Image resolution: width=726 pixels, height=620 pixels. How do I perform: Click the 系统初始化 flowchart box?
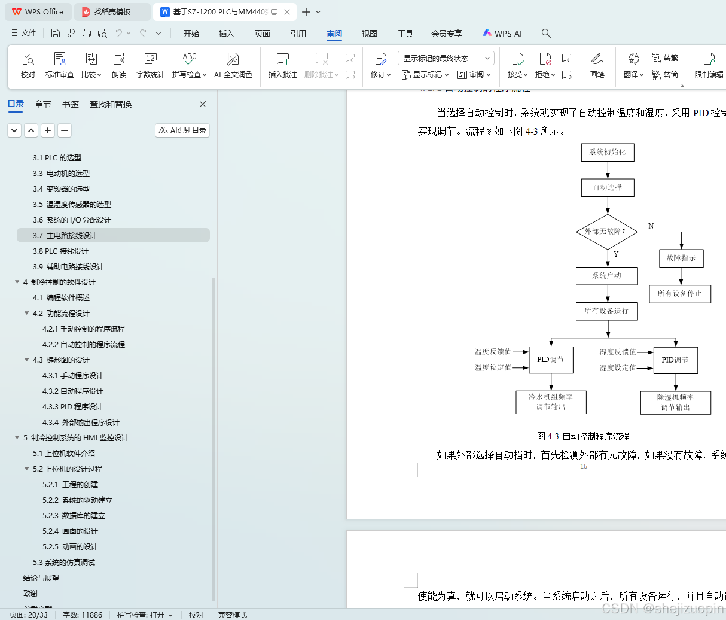(x=607, y=152)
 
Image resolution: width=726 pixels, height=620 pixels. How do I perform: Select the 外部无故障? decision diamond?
(x=606, y=232)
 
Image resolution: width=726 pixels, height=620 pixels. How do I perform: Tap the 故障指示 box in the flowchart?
(x=681, y=258)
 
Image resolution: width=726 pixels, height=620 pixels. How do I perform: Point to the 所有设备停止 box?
(x=680, y=294)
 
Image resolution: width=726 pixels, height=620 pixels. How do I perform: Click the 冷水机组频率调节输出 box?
(x=551, y=402)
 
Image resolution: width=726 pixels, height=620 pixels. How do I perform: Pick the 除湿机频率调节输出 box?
(x=675, y=402)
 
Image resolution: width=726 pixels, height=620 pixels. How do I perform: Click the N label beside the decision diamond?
(x=651, y=226)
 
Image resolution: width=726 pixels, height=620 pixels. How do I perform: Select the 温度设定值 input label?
(x=493, y=367)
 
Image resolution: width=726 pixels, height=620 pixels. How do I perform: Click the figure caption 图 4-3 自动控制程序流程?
(x=583, y=436)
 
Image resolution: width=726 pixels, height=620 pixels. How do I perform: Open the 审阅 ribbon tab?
(x=334, y=34)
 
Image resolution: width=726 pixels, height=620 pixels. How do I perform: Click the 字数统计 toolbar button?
(x=150, y=65)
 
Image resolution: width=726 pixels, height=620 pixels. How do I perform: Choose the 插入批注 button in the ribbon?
(x=283, y=65)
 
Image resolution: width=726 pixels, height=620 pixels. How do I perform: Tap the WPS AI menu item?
(x=502, y=34)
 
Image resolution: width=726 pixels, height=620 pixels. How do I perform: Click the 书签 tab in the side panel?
(x=71, y=104)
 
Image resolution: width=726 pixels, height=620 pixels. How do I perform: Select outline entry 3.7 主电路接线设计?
(x=65, y=235)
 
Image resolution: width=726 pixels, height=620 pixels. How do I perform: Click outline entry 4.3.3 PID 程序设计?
(x=72, y=406)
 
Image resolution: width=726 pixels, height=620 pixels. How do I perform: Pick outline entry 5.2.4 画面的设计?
(x=70, y=531)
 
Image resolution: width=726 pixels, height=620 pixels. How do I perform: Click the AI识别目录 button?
(x=182, y=130)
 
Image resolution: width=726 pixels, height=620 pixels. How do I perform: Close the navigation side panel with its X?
(x=203, y=104)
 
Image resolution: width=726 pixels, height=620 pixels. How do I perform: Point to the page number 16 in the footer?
(x=584, y=466)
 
